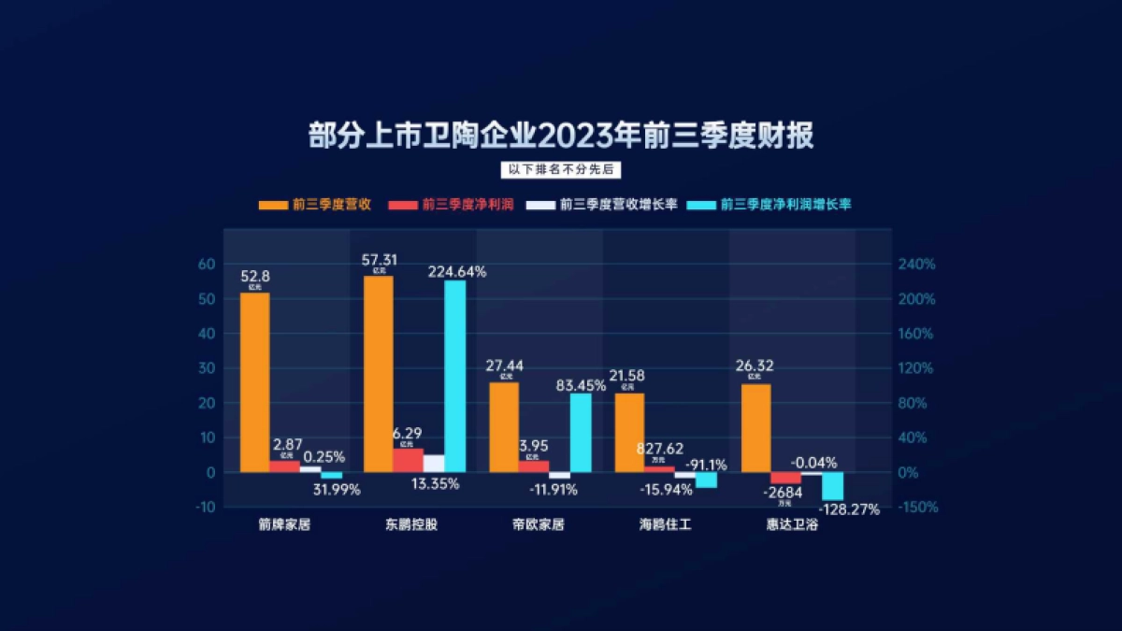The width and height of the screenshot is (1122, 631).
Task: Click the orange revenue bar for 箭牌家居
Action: (x=254, y=382)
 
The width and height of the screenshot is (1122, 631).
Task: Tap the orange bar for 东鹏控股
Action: (x=378, y=374)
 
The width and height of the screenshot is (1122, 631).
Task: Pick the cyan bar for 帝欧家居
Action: (x=581, y=433)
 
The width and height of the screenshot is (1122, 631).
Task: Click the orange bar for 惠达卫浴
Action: (x=755, y=428)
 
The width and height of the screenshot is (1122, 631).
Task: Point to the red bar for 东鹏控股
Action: (x=408, y=460)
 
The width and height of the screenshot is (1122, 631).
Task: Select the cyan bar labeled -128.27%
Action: (x=832, y=486)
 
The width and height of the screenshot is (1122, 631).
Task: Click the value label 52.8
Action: (x=255, y=276)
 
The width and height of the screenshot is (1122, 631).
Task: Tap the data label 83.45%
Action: (x=581, y=385)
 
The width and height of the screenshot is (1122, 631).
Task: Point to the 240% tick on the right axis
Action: (x=916, y=265)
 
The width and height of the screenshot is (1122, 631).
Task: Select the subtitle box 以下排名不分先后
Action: (x=561, y=170)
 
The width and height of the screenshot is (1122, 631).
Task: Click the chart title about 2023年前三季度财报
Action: (x=561, y=136)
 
